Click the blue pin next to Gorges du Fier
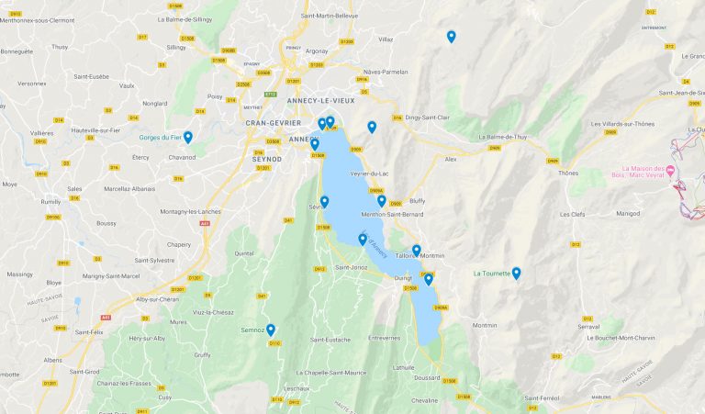(187, 138)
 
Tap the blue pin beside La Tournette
(516, 273)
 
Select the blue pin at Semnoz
(271, 330)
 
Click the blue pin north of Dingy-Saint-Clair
(451, 37)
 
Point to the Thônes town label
(568, 173)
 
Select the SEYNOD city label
(266, 158)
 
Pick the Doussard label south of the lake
(428, 376)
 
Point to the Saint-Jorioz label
(352, 267)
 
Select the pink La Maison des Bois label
(642, 173)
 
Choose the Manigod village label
(628, 213)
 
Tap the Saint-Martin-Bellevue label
(330, 16)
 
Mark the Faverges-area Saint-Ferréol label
(543, 397)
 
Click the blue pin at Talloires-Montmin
(416, 251)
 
